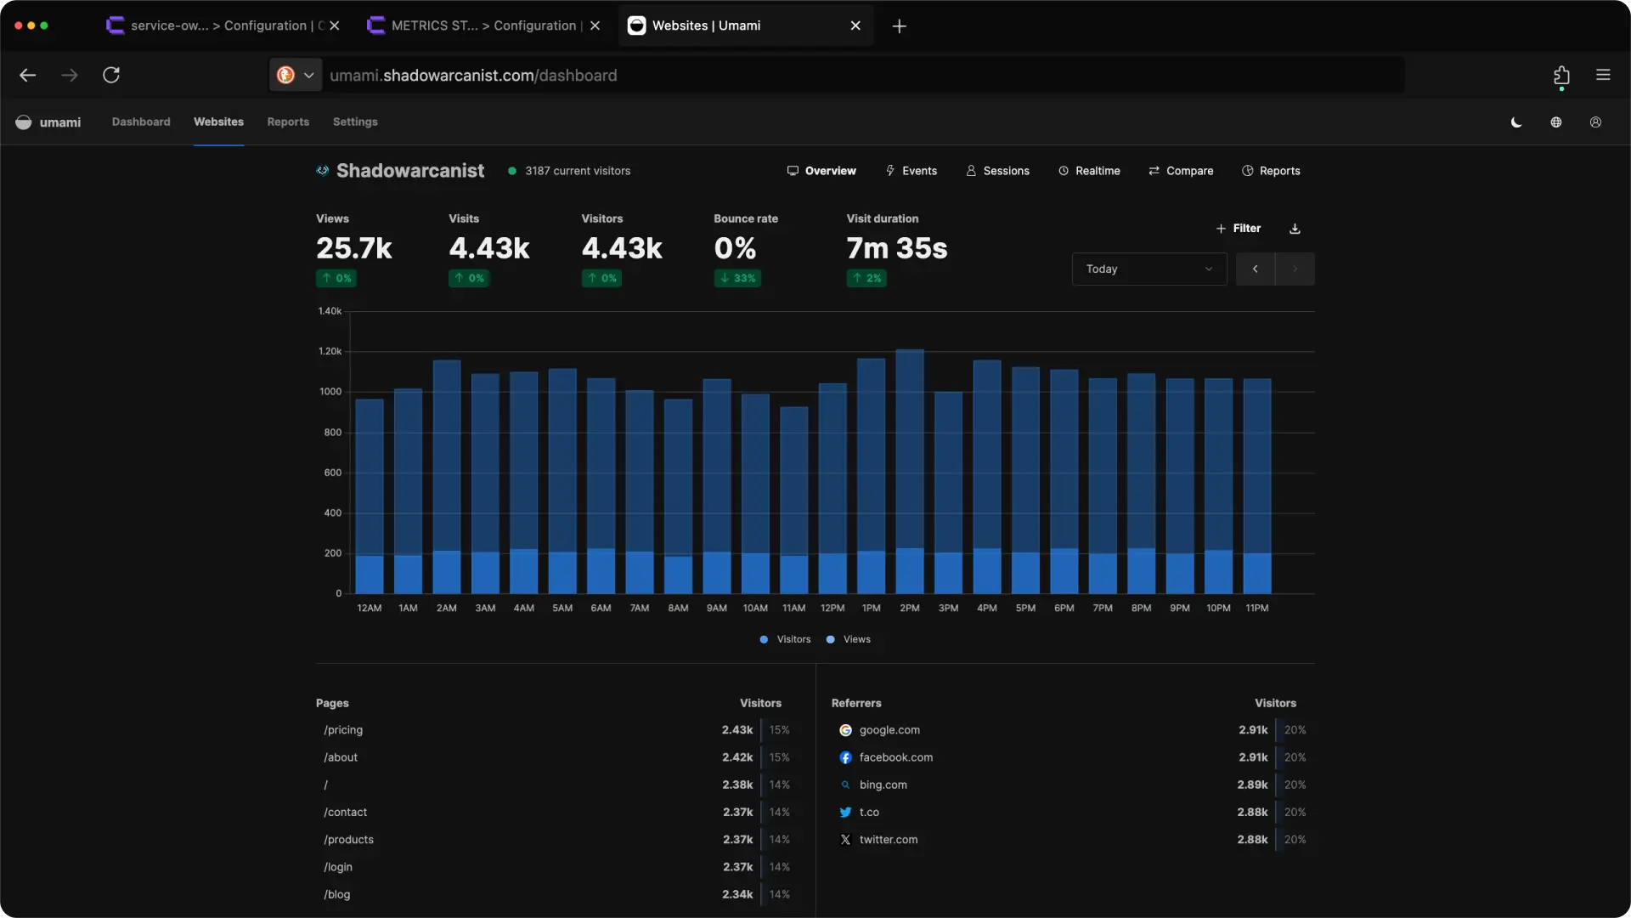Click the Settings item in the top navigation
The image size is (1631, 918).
pyautogui.click(x=355, y=122)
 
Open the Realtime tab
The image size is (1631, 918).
pyautogui.click(x=1089, y=171)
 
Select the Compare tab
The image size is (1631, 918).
pyautogui.click(x=1181, y=171)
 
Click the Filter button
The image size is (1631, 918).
pyautogui.click(x=1239, y=228)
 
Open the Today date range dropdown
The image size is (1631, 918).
pyautogui.click(x=1148, y=269)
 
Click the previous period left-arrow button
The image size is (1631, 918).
pyautogui.click(x=1255, y=269)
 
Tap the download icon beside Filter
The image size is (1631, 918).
pyautogui.click(x=1295, y=228)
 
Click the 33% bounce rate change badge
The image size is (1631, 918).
pyautogui.click(x=737, y=278)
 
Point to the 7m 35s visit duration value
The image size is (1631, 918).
pyautogui.click(x=896, y=248)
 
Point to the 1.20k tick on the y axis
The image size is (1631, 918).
pyautogui.click(x=330, y=351)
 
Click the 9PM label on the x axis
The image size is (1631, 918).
pyautogui.click(x=1179, y=608)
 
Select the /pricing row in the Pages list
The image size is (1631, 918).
pyautogui.click(x=343, y=730)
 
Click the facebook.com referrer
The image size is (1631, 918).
pyautogui.click(x=895, y=757)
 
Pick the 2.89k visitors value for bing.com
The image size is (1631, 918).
pyautogui.click(x=1252, y=785)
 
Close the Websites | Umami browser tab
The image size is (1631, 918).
pyautogui.click(x=855, y=25)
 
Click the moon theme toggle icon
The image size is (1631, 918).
pyautogui.click(x=1516, y=122)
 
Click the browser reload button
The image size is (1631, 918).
pyautogui.click(x=111, y=75)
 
